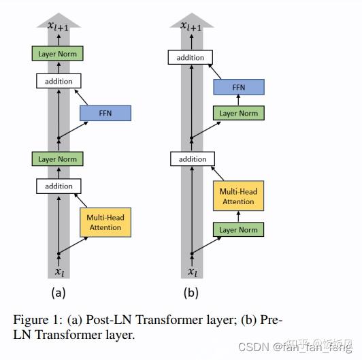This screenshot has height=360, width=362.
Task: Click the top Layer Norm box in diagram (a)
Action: (x=57, y=52)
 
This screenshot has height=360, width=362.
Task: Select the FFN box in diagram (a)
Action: (x=105, y=113)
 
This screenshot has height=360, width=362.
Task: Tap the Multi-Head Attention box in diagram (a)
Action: (x=105, y=223)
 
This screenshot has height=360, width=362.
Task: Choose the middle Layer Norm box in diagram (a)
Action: (x=57, y=159)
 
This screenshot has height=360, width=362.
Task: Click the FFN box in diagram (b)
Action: (x=238, y=86)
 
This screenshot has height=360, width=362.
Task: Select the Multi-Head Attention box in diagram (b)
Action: (x=238, y=197)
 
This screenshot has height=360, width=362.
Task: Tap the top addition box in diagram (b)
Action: (x=190, y=58)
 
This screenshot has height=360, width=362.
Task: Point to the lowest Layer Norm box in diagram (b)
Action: (x=238, y=229)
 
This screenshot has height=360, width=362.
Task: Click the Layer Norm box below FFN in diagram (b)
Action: (x=238, y=114)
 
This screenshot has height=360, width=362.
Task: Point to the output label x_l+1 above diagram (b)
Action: (x=191, y=26)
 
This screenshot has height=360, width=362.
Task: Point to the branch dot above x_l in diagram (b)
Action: (x=192, y=254)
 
